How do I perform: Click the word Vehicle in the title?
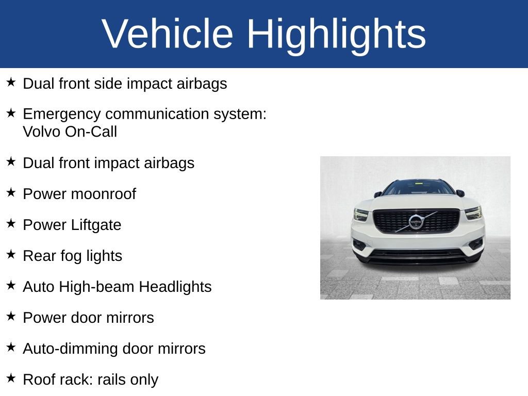click(168, 34)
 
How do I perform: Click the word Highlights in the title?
click(336, 34)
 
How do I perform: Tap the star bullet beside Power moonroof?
click(11, 193)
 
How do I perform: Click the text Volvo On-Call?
click(70, 132)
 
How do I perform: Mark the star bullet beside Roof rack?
click(11, 378)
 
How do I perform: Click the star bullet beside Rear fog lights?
click(11, 255)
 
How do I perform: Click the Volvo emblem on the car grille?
click(416, 222)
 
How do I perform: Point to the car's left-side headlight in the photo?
click(361, 214)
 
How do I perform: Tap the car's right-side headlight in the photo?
click(473, 213)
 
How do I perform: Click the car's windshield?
click(418, 188)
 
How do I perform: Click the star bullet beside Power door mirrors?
click(11, 317)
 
